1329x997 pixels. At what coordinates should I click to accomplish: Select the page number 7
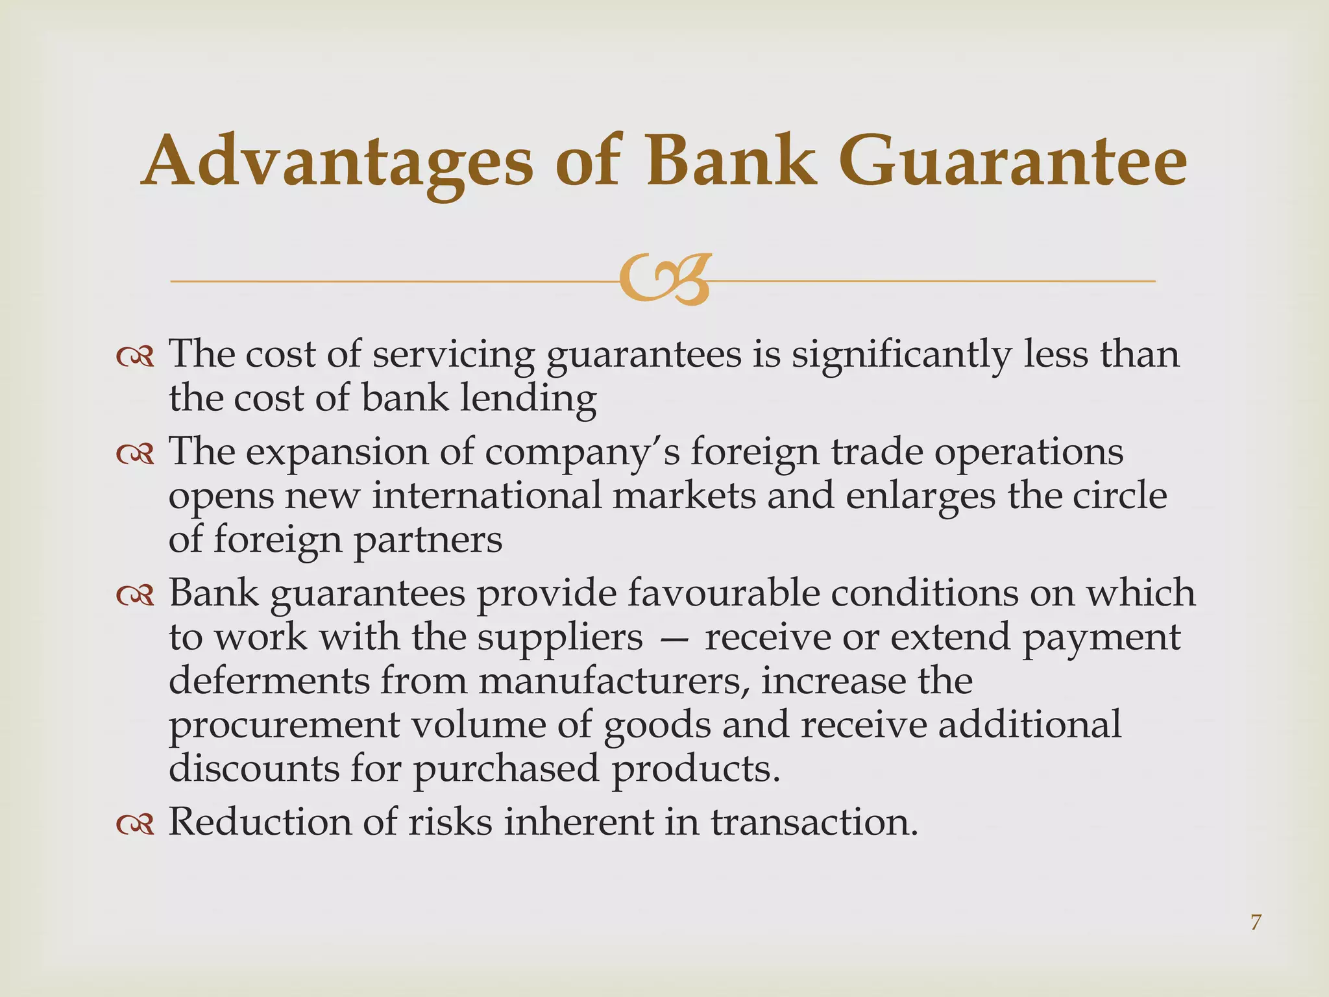click(x=1256, y=922)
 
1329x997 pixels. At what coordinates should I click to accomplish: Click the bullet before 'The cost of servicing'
click(x=135, y=356)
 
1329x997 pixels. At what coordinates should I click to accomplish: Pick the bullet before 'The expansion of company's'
click(x=135, y=454)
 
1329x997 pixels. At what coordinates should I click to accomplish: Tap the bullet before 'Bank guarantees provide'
click(x=135, y=595)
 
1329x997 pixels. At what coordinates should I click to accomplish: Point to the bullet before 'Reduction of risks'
click(x=135, y=824)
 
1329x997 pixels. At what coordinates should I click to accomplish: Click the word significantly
click(x=901, y=356)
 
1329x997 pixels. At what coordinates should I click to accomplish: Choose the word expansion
click(x=337, y=452)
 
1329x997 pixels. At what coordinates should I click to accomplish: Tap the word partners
click(x=428, y=540)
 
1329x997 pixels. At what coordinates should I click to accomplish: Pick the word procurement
click(x=284, y=726)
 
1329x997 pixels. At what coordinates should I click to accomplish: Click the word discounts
click(x=254, y=769)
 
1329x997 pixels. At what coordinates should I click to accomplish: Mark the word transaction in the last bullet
click(x=814, y=822)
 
